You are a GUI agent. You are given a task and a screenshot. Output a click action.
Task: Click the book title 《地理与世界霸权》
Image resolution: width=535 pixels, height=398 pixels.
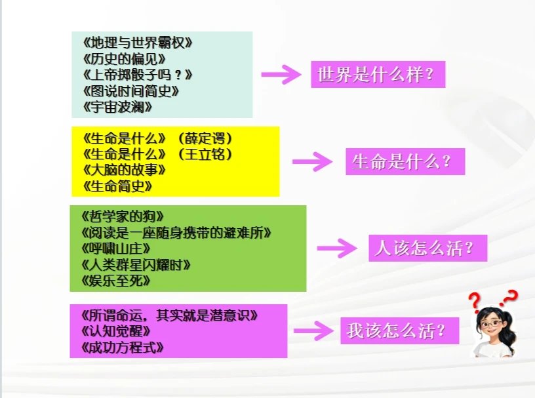(x=138, y=43)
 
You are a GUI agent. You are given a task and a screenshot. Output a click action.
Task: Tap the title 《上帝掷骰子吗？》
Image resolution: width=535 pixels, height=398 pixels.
(x=138, y=75)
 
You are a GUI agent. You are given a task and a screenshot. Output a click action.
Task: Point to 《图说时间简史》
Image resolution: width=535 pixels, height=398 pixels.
(x=131, y=90)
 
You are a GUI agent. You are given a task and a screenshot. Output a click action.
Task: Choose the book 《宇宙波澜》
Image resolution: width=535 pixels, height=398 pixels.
(x=118, y=106)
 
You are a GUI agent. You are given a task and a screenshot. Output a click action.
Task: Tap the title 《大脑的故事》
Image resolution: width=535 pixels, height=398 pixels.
(x=125, y=170)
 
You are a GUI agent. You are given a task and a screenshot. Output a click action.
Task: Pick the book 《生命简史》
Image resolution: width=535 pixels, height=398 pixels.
(x=118, y=186)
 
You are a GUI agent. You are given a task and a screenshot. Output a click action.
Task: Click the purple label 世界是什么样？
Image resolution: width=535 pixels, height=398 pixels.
(x=378, y=75)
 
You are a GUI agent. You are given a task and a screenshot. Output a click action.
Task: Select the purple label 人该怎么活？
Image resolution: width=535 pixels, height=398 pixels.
(x=427, y=249)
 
